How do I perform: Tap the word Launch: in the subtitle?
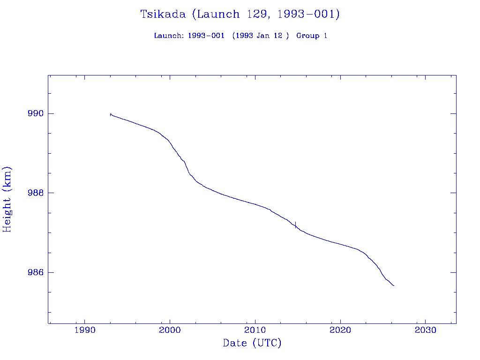click(x=169, y=36)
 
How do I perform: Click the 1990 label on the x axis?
click(x=84, y=330)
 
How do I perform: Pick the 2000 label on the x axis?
click(x=170, y=330)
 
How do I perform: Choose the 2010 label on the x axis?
click(x=255, y=330)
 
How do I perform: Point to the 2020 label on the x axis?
click(x=340, y=330)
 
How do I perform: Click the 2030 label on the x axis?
click(x=425, y=330)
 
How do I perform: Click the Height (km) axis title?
click(x=7, y=199)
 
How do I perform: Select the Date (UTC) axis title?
click(x=252, y=343)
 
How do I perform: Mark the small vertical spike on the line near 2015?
click(x=295, y=224)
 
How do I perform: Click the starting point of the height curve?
click(x=110, y=114)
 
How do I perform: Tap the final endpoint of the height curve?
click(x=394, y=285)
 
